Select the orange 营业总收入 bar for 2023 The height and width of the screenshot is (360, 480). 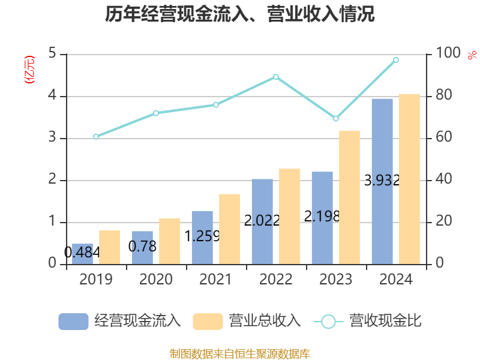point(349,197)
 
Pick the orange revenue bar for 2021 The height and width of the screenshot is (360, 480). point(229,229)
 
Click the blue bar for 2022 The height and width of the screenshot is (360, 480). point(262,221)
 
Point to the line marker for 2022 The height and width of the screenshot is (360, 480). point(276,77)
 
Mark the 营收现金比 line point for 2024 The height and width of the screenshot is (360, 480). point(396,60)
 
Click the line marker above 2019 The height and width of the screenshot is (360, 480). point(96,137)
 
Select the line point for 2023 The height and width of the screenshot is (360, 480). point(336,119)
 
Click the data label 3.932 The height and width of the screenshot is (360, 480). point(382,180)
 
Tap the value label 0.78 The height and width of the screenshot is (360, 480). point(142,246)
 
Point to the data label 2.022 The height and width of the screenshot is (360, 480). point(262,220)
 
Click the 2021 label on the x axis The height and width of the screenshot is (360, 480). point(216,280)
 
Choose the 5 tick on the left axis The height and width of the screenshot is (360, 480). point(52,54)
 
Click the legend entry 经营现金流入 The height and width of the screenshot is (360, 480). point(119,321)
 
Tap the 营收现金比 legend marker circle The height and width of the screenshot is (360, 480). point(328,322)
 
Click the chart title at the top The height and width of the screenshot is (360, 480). point(240,14)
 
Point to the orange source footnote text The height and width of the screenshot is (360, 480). point(240,353)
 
